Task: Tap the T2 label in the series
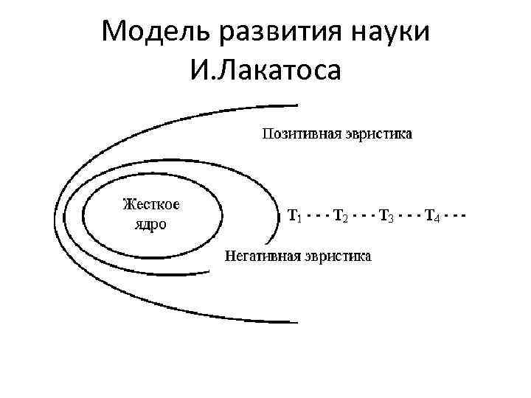point(340,216)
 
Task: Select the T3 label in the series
point(386,216)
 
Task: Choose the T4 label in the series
point(433,216)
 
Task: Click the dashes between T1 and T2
point(316,216)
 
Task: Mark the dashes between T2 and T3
point(362,216)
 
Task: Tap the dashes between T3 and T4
point(409,216)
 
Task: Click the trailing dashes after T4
point(455,216)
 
